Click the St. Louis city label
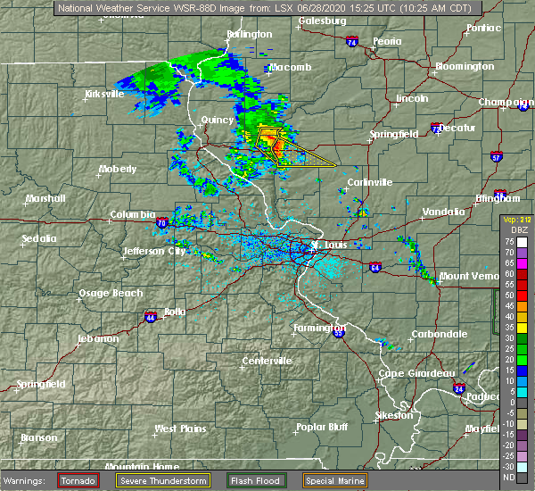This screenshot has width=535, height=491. [x=330, y=244]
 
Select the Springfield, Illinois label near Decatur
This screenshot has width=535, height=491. [x=396, y=134]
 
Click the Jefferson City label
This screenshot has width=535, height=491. [x=155, y=251]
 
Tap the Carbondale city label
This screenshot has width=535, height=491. [x=439, y=334]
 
